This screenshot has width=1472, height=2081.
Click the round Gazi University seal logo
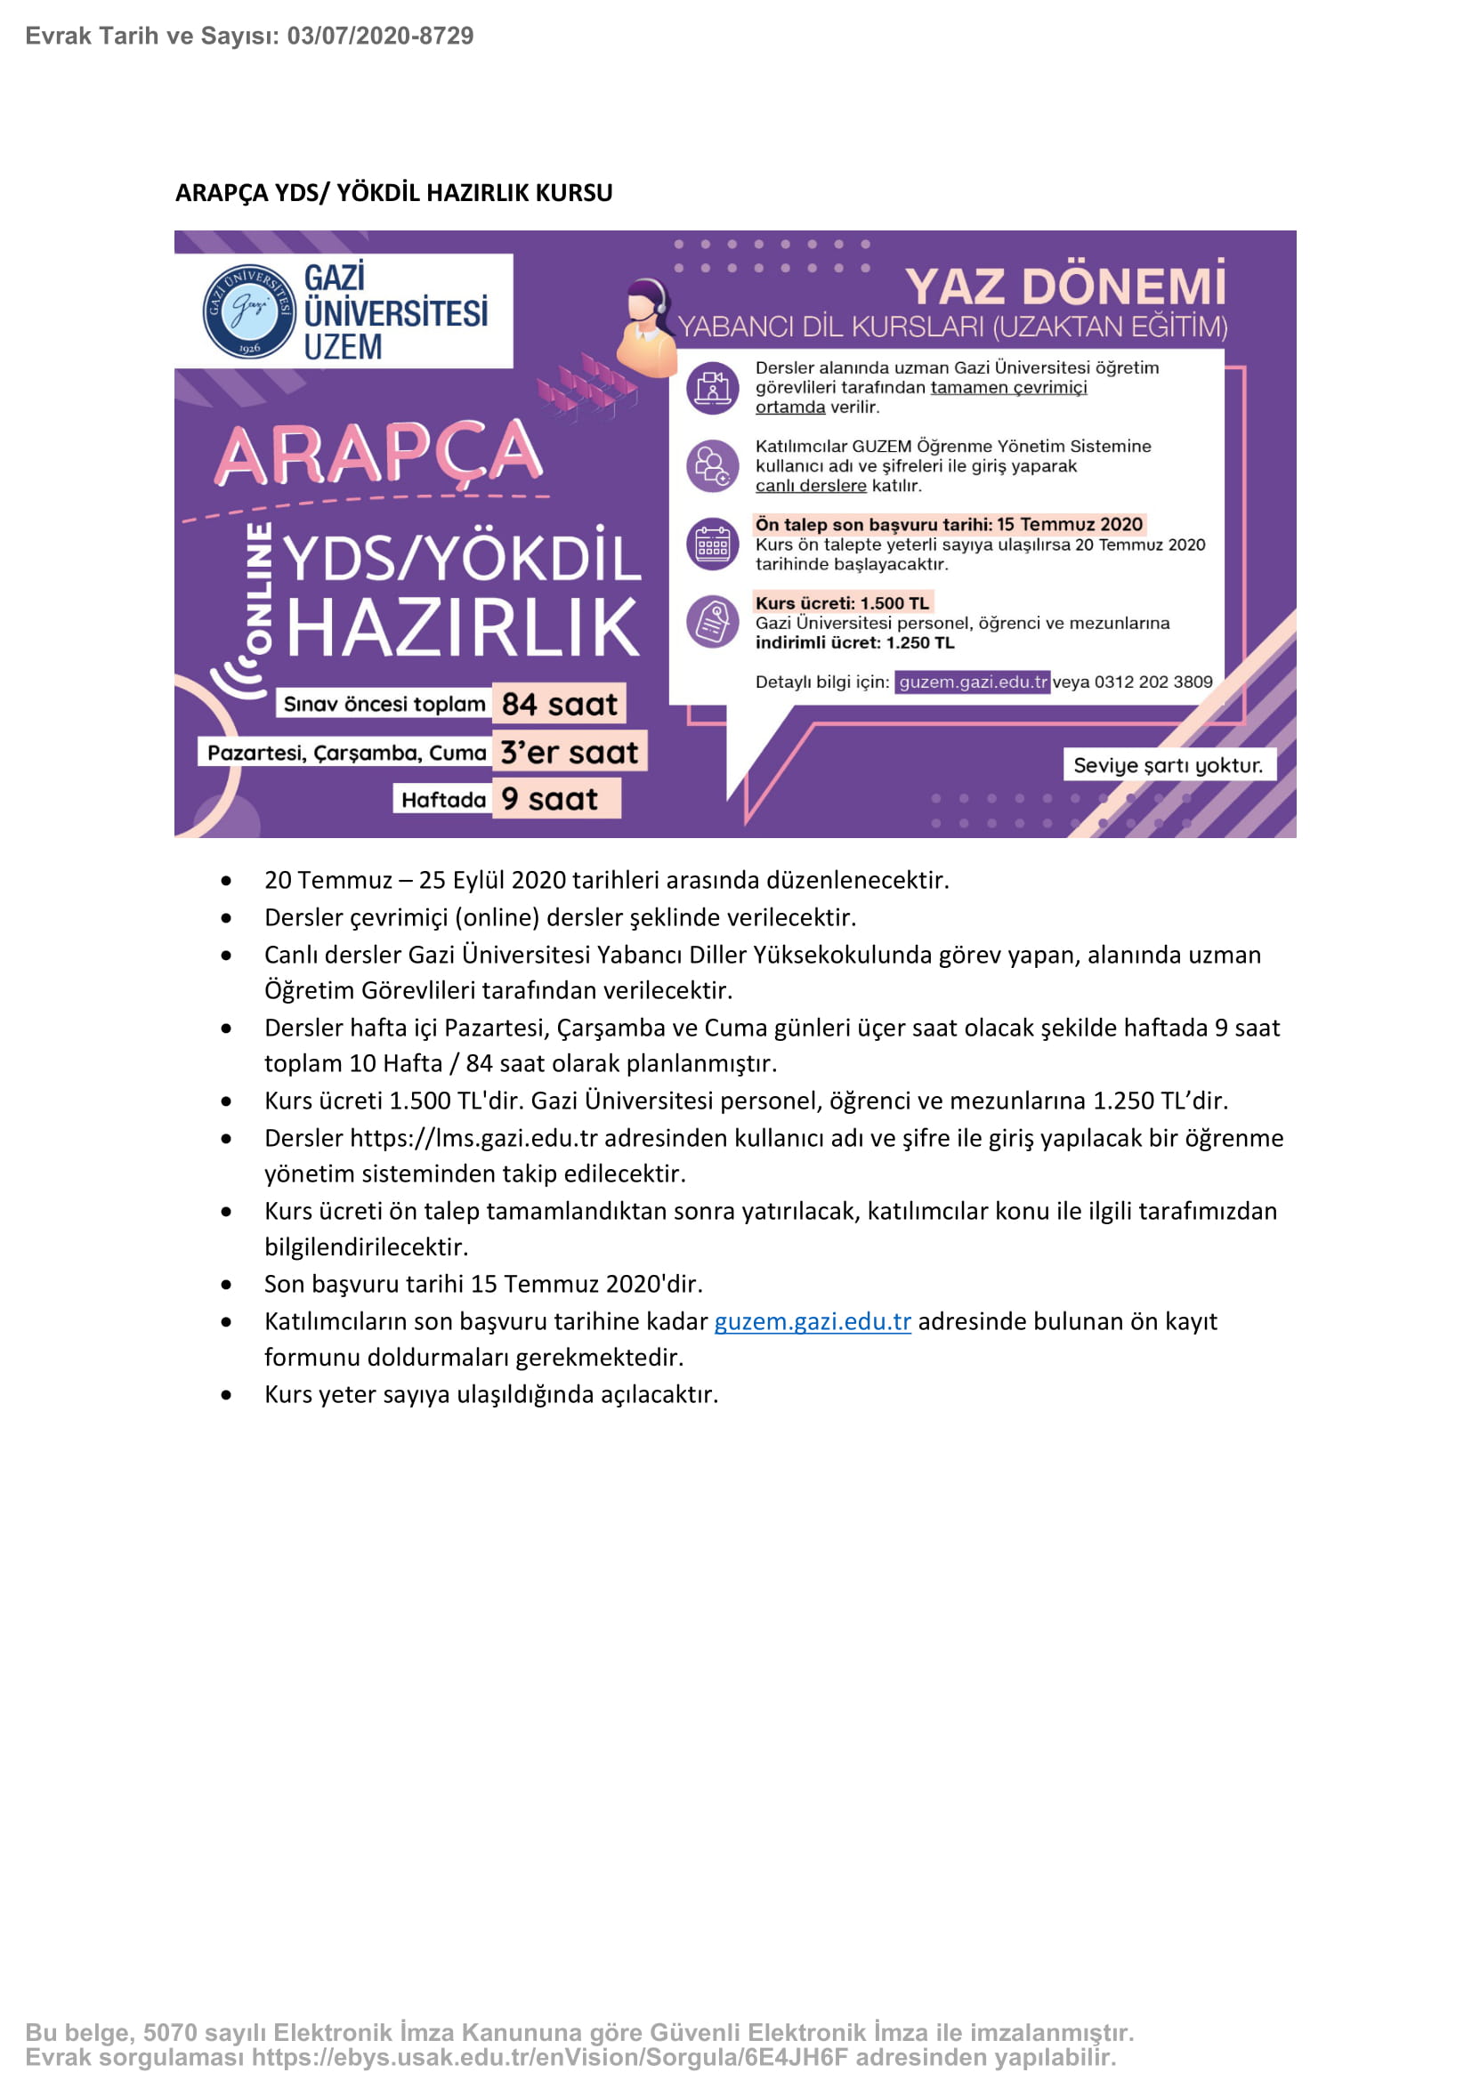pos(248,311)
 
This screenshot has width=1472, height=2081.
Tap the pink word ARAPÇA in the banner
pos(379,453)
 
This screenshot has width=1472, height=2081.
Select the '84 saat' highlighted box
pos(558,705)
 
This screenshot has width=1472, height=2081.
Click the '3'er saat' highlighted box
pos(570,752)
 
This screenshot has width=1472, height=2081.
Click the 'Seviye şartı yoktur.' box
pos(1168,765)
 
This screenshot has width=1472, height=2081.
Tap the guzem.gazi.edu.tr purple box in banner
pos(972,682)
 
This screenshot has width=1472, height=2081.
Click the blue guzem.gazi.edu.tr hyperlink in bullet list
pos(813,1321)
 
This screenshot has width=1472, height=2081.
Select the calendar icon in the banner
pos(713,544)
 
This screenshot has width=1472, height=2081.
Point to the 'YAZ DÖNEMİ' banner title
pos(1065,287)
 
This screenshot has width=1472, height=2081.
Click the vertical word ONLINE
pos(259,587)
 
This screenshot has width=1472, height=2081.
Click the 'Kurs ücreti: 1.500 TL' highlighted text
pos(842,602)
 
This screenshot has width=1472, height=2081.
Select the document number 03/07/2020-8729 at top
pos(380,36)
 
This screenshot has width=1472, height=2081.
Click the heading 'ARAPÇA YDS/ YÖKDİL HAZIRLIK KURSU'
pos(393,193)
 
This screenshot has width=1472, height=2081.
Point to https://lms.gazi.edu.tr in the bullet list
pos(473,1139)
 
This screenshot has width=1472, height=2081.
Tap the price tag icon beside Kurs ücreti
pos(713,622)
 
